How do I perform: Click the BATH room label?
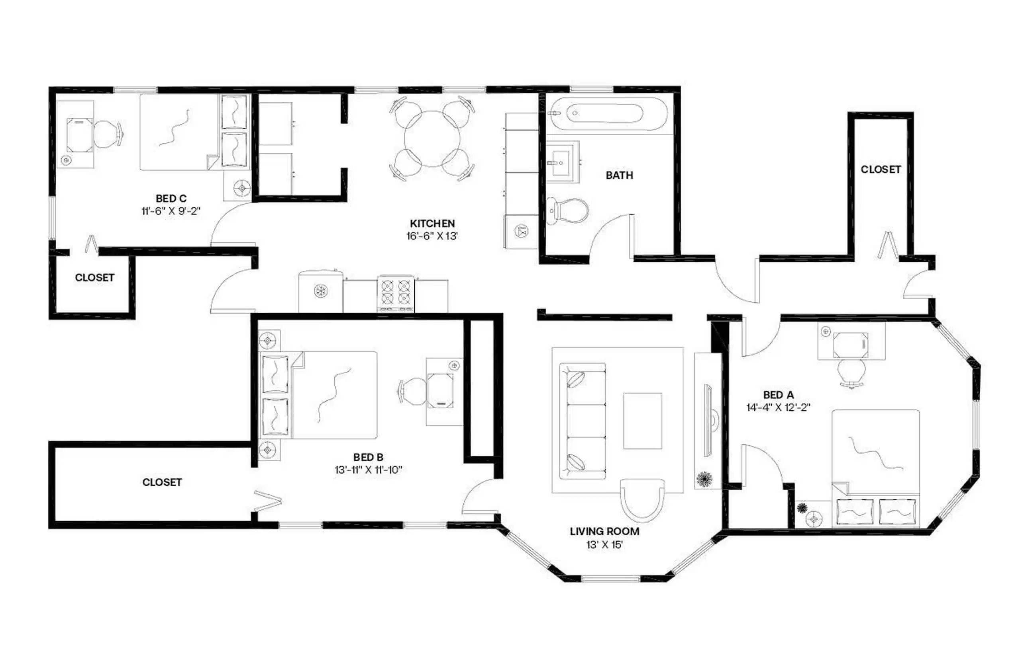point(619,175)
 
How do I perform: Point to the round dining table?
point(432,138)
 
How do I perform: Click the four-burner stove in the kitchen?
point(395,294)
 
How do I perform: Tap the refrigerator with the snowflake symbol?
point(320,291)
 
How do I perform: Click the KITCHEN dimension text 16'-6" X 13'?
point(432,236)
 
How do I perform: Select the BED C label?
point(171,199)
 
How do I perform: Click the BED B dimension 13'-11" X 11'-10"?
point(368,470)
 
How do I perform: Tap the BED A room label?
point(778,394)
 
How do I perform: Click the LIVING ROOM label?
point(604,532)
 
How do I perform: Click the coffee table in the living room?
point(642,421)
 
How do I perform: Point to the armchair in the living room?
point(642,500)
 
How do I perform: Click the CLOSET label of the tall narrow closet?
point(880,170)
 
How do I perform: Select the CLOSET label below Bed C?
point(94,278)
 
